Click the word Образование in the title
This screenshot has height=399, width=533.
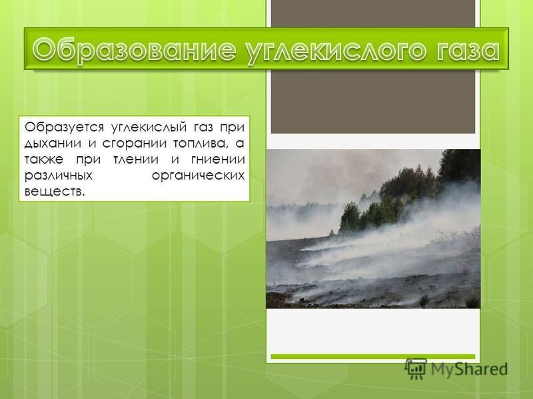coord(135,51)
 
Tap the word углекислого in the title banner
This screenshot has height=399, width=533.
coord(336,51)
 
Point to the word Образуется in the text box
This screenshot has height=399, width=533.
coord(64,128)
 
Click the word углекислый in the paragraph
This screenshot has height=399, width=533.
coord(149,128)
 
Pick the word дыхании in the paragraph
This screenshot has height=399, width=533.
coord(53,144)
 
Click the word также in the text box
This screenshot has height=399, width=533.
coord(44,160)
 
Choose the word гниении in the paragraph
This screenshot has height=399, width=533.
coord(218,160)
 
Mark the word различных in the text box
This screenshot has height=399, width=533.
coord(59,176)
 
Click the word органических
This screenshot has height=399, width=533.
coord(198,176)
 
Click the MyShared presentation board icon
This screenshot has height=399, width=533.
coord(416,368)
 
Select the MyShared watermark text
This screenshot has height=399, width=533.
coord(469,369)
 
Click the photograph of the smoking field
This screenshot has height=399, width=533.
coord(373,229)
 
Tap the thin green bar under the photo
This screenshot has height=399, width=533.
coord(373,356)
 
